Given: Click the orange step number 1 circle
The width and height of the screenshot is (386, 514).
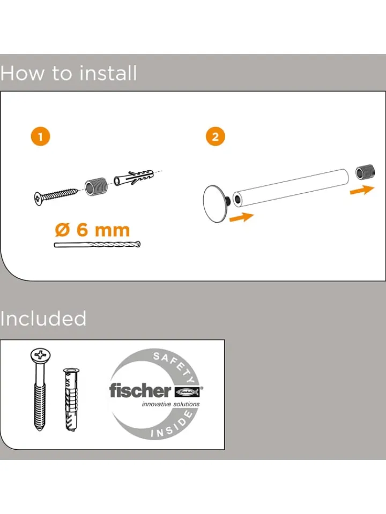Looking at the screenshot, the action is coord(40,137).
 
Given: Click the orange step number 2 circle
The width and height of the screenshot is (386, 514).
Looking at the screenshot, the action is coord(216,137).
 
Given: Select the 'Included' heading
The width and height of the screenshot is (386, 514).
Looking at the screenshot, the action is coord(43,318).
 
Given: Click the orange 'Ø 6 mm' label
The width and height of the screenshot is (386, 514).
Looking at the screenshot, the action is coord(92,230).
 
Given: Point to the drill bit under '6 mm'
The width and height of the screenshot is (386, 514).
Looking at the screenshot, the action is coord(97,245).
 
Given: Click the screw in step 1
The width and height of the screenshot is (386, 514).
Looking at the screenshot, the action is coord(56,196).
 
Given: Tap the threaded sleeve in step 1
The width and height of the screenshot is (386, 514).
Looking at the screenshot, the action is coord(96,186).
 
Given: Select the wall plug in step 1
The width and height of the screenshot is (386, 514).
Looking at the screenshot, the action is coord(134,177).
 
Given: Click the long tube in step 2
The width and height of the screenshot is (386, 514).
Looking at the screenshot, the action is coord(291,187).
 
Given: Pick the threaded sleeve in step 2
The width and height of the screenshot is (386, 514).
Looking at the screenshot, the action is coord(365,172).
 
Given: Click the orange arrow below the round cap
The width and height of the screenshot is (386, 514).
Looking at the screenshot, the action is coord(242,217).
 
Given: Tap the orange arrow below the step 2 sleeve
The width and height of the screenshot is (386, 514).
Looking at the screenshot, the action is coord(362,190).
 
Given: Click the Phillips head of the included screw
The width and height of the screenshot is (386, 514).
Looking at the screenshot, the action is coord(41,354).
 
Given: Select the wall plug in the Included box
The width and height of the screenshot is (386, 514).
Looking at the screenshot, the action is coord(71,399).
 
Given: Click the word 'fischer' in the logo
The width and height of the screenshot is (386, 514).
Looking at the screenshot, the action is coord(140,390).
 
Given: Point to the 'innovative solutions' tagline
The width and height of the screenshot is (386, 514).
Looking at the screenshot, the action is coord(170,404).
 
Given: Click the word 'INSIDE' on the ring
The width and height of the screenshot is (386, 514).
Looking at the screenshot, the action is coord(172,425).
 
